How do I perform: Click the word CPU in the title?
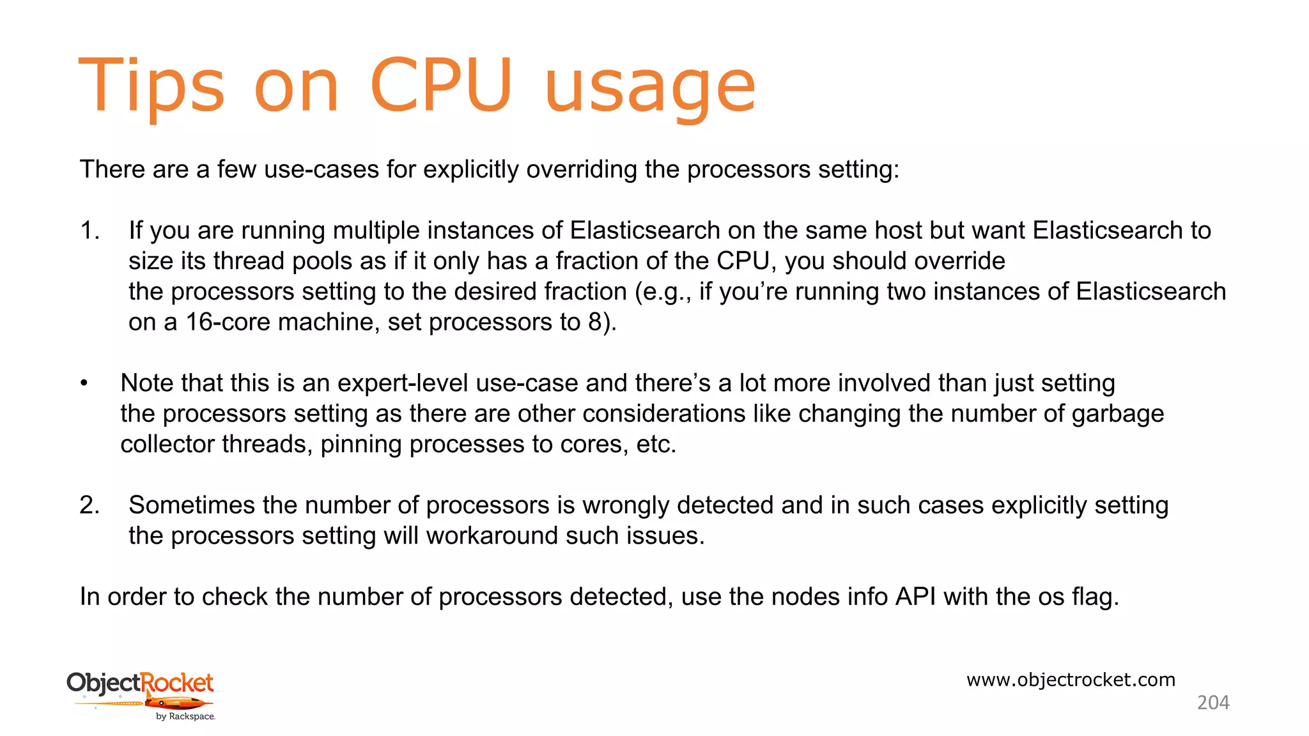440,86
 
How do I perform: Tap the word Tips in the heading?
151,86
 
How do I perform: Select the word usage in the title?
650,89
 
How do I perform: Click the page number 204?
1212,703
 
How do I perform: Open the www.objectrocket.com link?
1071,680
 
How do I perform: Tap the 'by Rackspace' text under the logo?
185,717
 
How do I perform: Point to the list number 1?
89,231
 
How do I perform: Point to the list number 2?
89,505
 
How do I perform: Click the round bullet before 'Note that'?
84,383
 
